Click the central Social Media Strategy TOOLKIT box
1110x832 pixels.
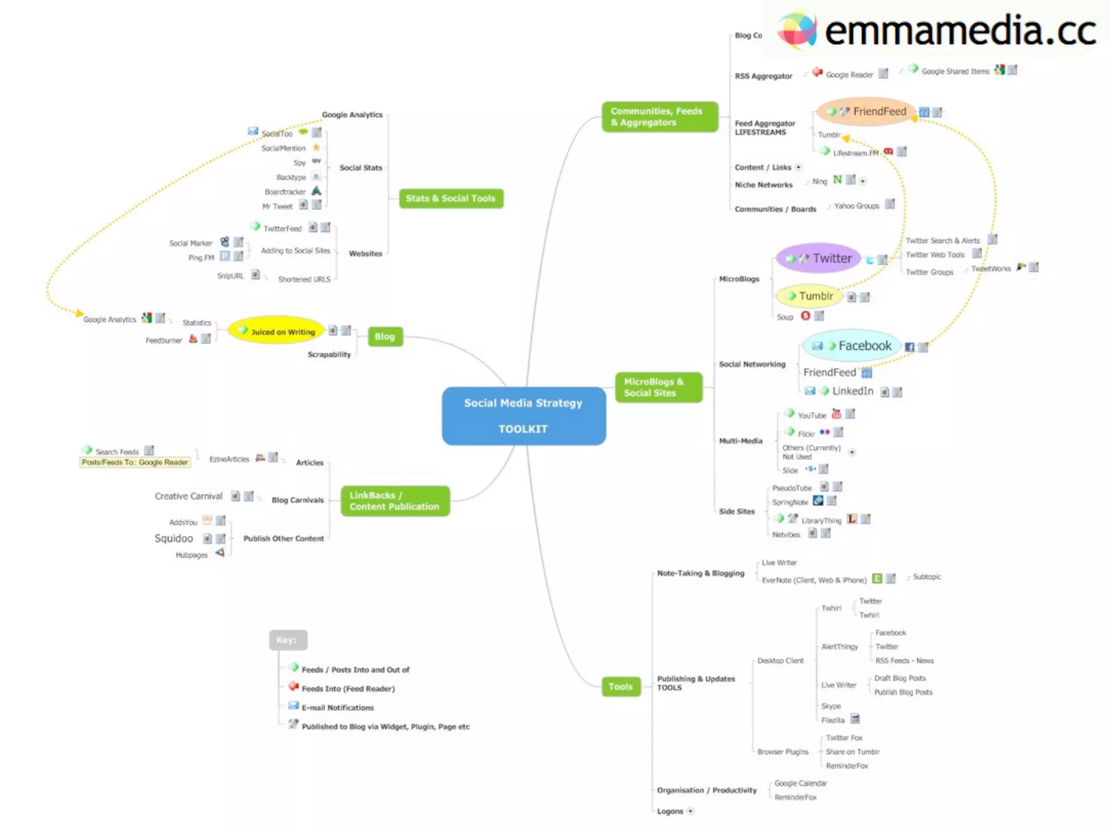(524, 416)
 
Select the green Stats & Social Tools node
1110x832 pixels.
(451, 198)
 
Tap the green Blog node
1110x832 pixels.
(385, 336)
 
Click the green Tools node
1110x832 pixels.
(621, 687)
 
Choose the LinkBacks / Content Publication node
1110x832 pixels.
(395, 501)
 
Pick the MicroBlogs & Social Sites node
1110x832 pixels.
(658, 387)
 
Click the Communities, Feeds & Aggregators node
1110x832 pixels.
(660, 116)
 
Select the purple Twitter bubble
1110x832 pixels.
(818, 258)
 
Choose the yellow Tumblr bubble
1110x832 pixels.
(810, 296)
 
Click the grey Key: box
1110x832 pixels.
(288, 640)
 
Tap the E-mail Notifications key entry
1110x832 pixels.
(337, 707)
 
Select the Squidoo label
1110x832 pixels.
(173, 538)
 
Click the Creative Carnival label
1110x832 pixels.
(189, 496)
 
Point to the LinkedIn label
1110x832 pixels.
(853, 391)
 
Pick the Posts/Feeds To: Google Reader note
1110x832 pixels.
(135, 462)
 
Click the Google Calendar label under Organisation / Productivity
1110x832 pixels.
(801, 783)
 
